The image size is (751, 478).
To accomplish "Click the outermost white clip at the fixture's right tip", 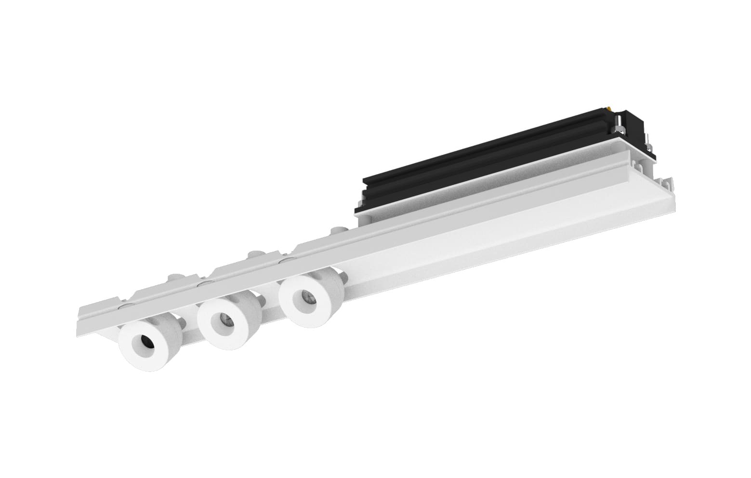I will pyautogui.click(x=667, y=183).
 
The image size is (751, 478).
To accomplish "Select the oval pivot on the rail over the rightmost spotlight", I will pyautogui.click(x=288, y=261).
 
